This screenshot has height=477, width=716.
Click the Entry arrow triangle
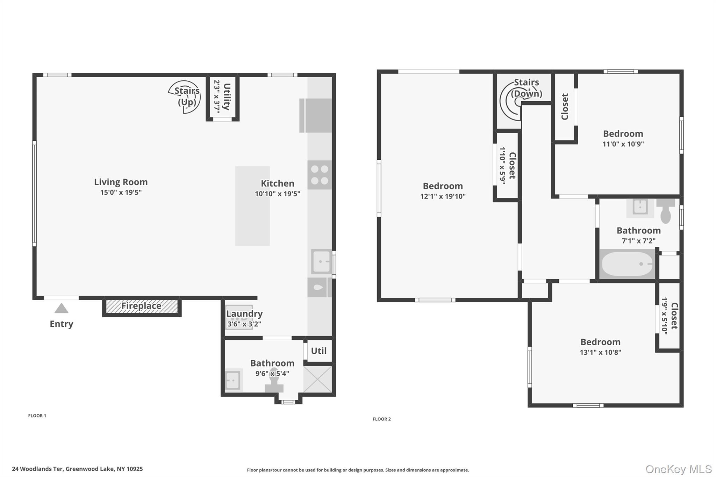[62, 308]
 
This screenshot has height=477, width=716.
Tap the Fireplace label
[141, 306]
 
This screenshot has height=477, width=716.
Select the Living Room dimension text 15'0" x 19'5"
[121, 192]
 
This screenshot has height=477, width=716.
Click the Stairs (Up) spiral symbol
[185, 97]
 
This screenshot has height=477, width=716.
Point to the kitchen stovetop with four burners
[320, 175]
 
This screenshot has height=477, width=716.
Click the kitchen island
[252, 206]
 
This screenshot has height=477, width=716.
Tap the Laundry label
[244, 313]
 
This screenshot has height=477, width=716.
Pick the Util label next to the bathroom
[319, 351]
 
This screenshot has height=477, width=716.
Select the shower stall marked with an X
[318, 379]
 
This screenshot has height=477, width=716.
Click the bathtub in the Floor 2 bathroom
[627, 264]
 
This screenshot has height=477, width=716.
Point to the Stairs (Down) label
[527, 88]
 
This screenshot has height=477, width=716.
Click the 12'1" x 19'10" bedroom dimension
[443, 196]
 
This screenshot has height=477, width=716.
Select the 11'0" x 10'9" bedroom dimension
[623, 144]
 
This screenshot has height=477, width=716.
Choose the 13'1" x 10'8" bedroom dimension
[601, 352]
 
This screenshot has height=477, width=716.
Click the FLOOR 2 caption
[382, 419]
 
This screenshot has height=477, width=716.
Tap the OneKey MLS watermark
[679, 469]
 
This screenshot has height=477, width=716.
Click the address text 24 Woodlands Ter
[38, 469]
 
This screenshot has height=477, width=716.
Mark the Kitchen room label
[278, 183]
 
